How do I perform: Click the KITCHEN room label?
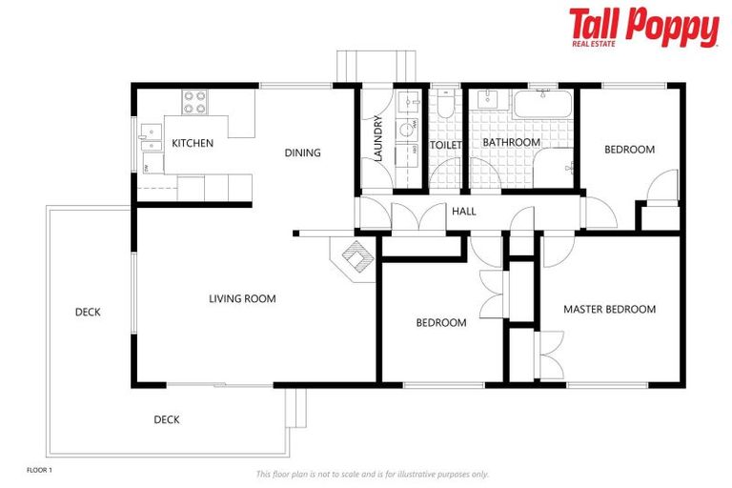(x=192, y=144)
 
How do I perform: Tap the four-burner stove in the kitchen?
(x=195, y=101)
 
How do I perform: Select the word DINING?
(x=302, y=152)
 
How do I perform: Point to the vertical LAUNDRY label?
(x=378, y=139)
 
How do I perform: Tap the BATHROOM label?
(x=511, y=143)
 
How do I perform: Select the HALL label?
(x=463, y=212)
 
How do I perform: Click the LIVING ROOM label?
(x=242, y=299)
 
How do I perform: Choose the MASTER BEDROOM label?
(x=609, y=309)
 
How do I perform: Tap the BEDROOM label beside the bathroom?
(x=630, y=150)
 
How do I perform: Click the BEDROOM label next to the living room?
(x=441, y=323)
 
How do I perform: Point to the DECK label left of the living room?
(x=88, y=312)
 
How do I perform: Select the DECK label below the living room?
(x=167, y=419)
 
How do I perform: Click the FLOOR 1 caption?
(x=39, y=471)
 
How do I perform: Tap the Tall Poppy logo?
(x=643, y=28)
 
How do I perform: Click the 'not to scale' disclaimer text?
(x=372, y=474)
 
